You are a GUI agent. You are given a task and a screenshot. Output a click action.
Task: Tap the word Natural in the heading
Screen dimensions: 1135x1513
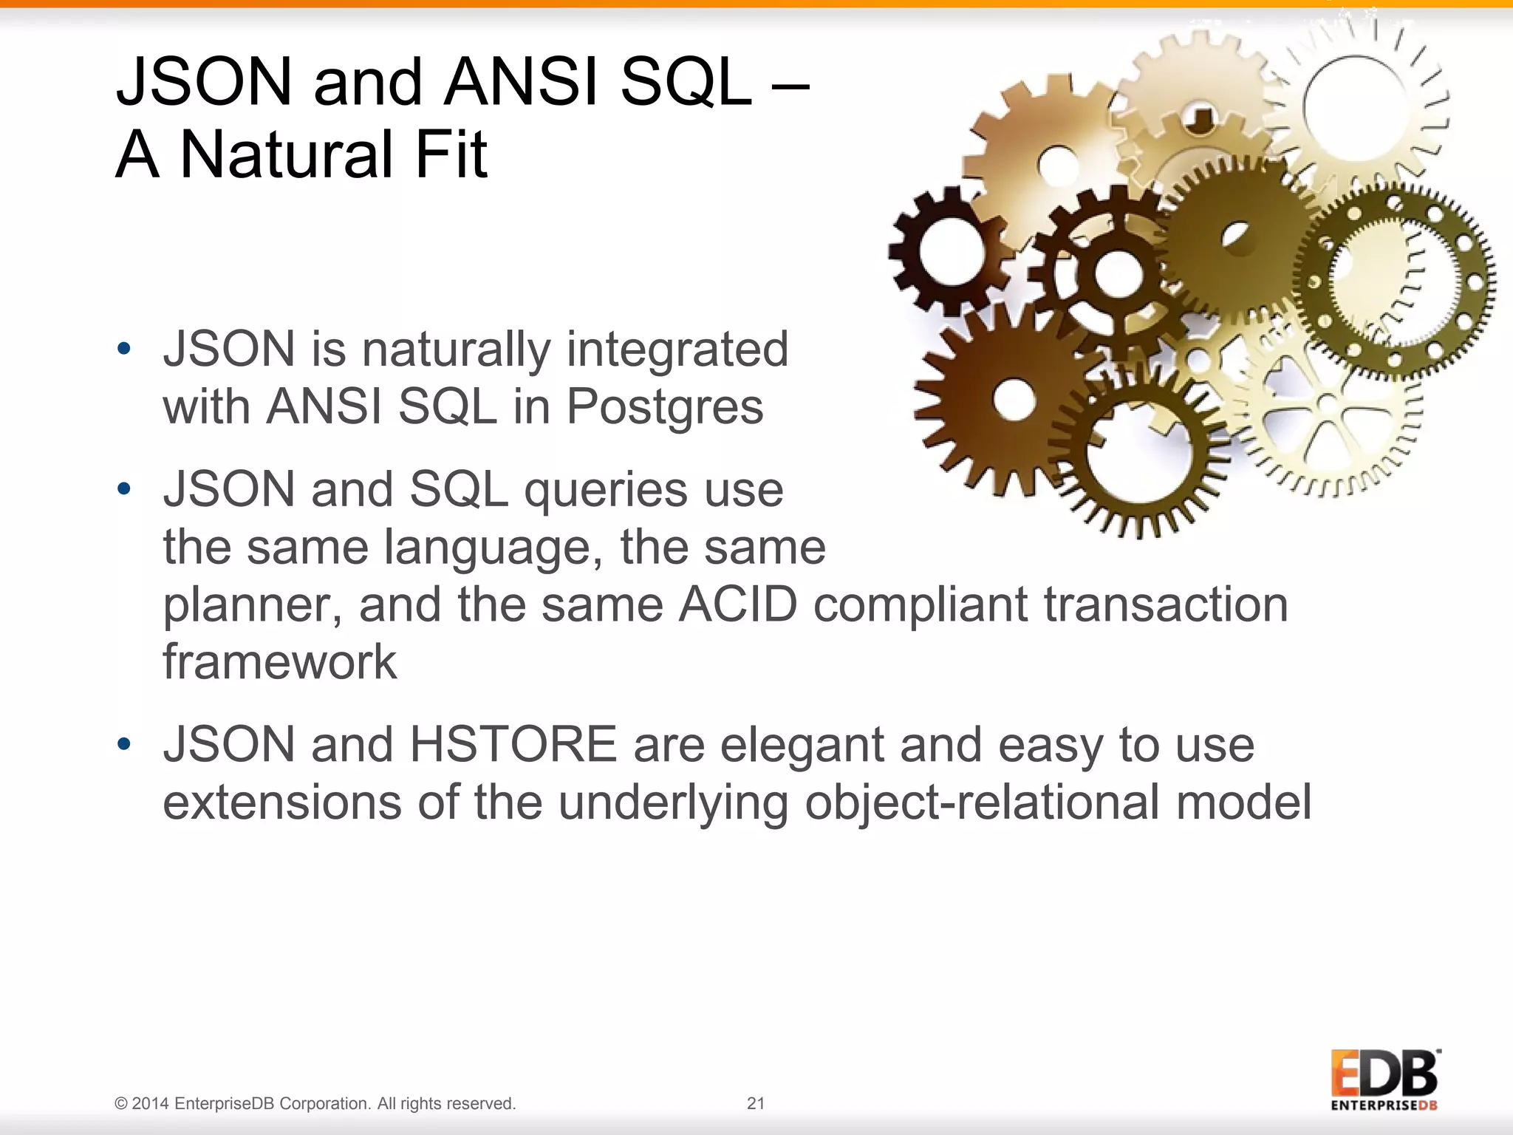(287, 154)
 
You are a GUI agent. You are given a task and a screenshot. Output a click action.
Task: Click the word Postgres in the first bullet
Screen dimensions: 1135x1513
(664, 407)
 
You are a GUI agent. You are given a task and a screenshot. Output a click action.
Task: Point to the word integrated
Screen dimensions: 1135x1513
(677, 350)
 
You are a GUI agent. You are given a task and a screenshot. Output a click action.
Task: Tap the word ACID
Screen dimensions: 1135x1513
(737, 604)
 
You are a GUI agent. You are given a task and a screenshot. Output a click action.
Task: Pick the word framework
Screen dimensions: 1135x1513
(279, 661)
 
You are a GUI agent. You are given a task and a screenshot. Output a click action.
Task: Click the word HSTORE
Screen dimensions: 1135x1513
(513, 745)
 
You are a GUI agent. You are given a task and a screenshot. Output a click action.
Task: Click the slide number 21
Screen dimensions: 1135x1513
(756, 1103)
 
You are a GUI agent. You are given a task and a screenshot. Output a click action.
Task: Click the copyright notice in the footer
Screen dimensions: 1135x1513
(315, 1103)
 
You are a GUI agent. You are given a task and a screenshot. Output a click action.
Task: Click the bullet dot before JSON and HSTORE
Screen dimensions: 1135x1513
(124, 743)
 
